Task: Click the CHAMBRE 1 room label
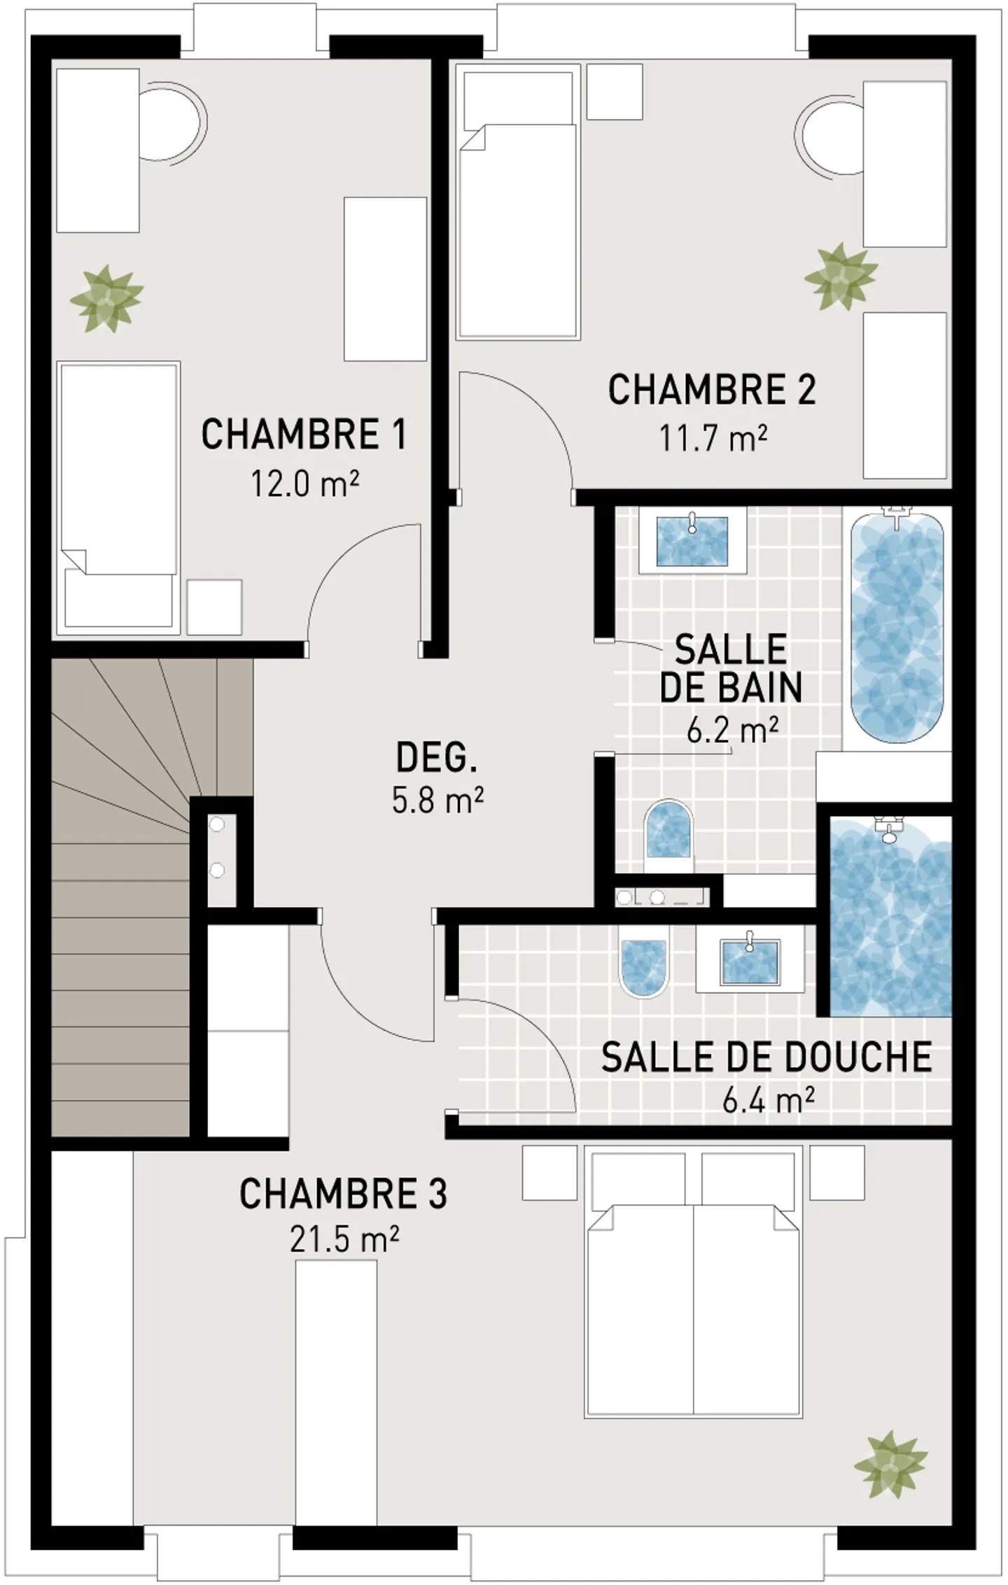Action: tap(303, 435)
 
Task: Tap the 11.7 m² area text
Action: tap(713, 439)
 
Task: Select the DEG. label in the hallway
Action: tap(437, 758)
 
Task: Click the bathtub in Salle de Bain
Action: tap(897, 626)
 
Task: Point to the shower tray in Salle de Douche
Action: tap(890, 917)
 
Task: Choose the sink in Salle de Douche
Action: tap(750, 963)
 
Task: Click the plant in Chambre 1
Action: tap(106, 299)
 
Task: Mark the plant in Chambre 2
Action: tap(840, 277)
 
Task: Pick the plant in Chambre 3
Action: tap(890, 1464)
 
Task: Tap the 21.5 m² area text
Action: tap(344, 1241)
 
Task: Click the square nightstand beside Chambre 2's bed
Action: tap(614, 92)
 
